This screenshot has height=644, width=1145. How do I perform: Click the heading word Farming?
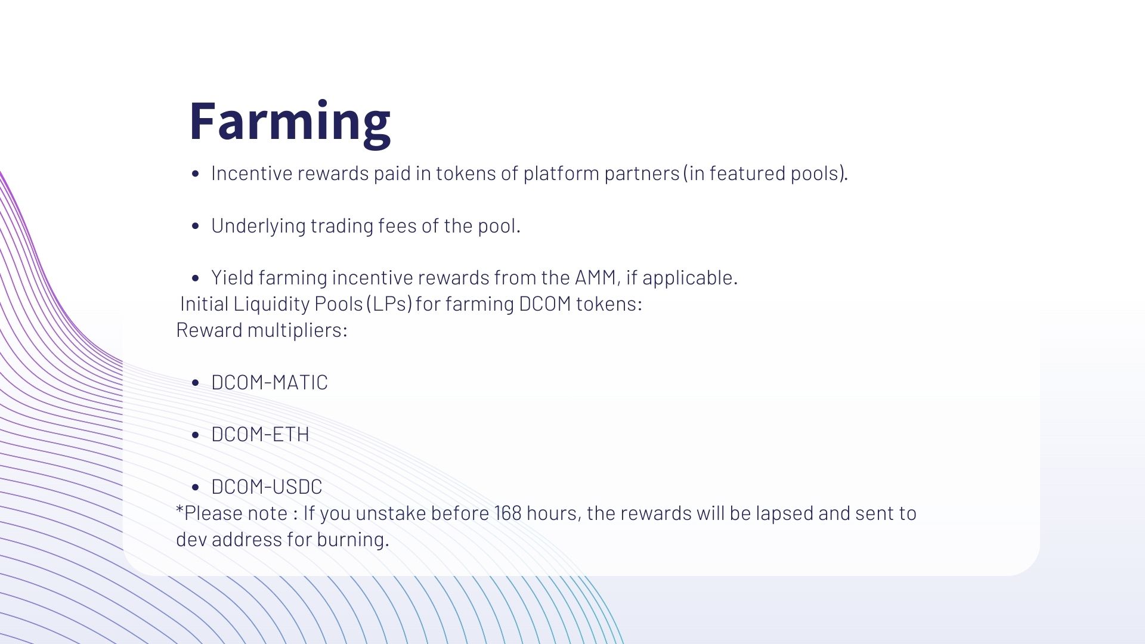[290, 122]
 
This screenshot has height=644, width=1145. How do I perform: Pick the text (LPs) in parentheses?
[389, 304]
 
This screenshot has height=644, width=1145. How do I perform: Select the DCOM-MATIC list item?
[270, 383]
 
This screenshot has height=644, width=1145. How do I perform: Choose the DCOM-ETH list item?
[260, 435]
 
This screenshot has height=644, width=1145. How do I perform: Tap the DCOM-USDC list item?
[267, 487]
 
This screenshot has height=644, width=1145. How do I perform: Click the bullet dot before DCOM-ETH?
[195, 435]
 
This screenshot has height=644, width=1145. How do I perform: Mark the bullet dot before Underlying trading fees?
[195, 227]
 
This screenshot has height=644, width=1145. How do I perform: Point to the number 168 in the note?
[507, 513]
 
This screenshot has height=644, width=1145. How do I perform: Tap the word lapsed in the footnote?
[784, 514]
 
